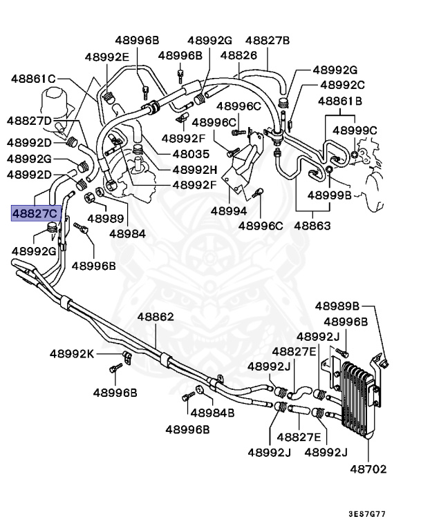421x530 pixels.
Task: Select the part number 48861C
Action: pos(33,78)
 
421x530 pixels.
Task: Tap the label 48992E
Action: pos(106,57)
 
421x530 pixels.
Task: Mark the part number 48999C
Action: pos(355,130)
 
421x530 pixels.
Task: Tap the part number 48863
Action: pos(312,226)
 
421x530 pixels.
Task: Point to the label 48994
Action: pos(229,210)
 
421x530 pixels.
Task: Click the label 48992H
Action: pos(194,170)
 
